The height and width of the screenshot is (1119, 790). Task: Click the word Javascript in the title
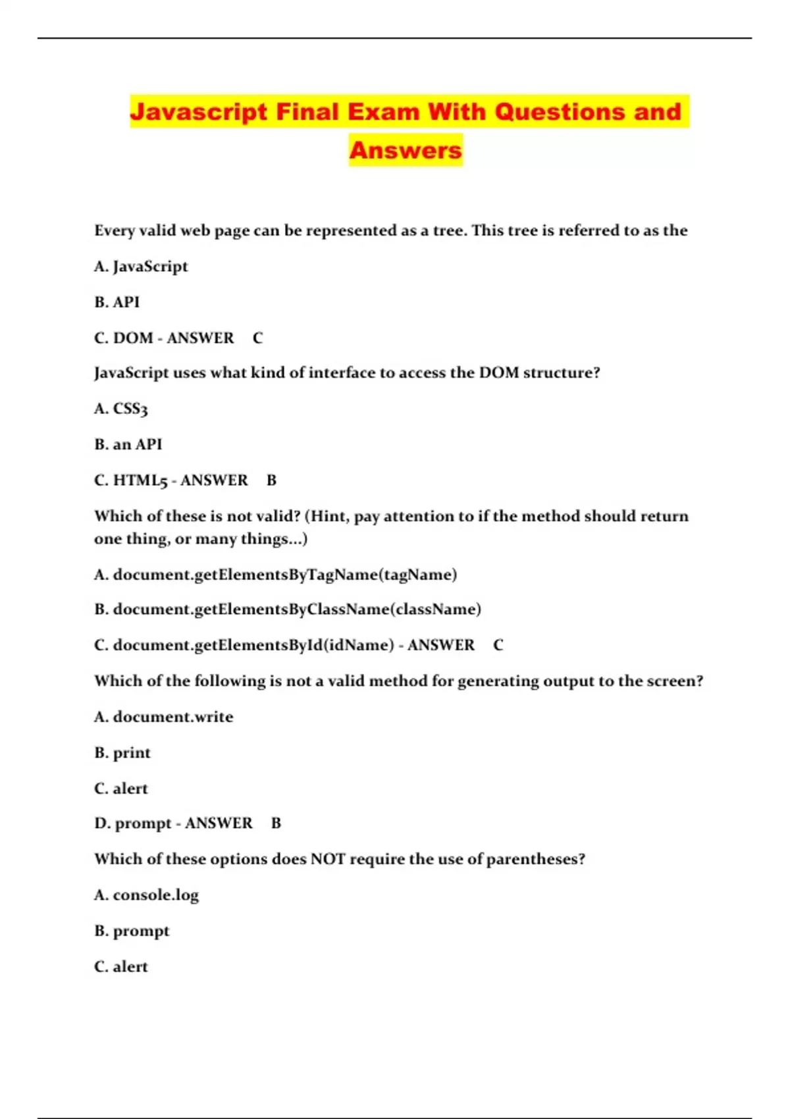199,112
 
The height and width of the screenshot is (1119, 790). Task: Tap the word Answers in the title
406,150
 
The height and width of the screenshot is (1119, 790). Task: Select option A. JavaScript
141,267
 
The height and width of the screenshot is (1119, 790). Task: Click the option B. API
117,302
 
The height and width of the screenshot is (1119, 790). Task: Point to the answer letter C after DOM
257,338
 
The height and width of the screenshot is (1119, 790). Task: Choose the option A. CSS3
121,409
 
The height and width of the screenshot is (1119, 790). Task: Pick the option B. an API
128,444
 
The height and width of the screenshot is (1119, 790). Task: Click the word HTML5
140,481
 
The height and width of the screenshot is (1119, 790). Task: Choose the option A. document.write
164,717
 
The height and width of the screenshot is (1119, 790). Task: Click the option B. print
122,752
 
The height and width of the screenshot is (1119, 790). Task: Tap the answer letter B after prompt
276,823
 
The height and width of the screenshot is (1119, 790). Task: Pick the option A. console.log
146,895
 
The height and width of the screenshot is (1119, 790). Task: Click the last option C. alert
121,967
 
